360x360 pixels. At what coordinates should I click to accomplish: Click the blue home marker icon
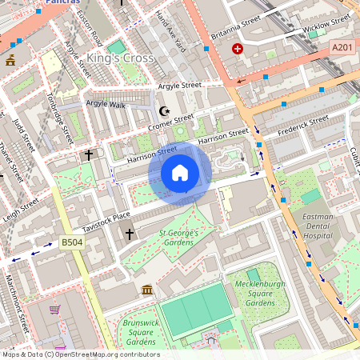pyautogui.click(x=180, y=173)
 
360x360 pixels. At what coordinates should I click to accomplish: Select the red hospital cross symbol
pyautogui.click(x=238, y=50)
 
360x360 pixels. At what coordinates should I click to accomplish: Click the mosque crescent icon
pyautogui.click(x=166, y=110)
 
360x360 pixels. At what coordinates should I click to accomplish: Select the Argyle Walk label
pyautogui.click(x=106, y=104)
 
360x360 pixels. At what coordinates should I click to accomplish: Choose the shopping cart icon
pyautogui.click(x=54, y=310)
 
